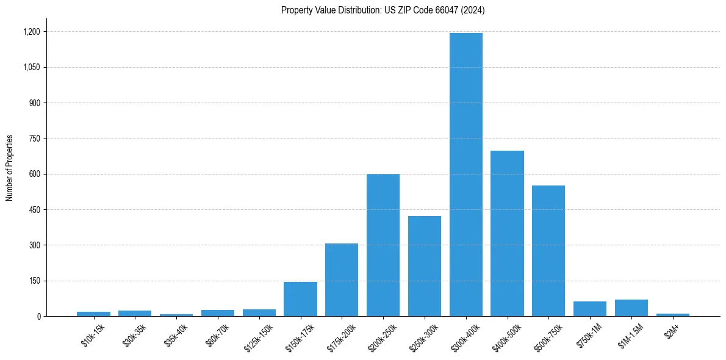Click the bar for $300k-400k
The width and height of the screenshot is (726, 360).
click(x=466, y=175)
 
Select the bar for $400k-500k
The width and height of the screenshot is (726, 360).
click(x=508, y=233)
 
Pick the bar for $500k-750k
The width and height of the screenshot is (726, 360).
click(x=548, y=251)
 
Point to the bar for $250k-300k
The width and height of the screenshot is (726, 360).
click(x=425, y=266)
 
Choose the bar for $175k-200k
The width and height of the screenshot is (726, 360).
click(x=342, y=279)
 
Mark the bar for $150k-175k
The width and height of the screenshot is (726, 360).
click(x=300, y=299)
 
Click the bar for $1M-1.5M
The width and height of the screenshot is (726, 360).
click(x=631, y=308)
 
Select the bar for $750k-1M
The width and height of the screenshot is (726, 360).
click(x=590, y=309)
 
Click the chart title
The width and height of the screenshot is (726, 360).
click(x=383, y=10)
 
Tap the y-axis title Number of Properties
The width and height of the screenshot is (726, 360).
click(x=10, y=168)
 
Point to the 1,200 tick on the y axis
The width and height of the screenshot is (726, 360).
click(x=31, y=32)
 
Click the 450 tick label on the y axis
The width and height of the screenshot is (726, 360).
click(x=34, y=210)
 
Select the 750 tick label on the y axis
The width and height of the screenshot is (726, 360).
click(x=34, y=139)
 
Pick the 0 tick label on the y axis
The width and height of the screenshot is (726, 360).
click(x=38, y=317)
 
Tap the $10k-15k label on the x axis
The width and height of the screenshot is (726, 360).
click(x=93, y=335)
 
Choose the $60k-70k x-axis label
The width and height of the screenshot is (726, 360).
click(x=217, y=335)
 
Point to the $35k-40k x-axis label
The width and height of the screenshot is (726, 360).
click(x=176, y=335)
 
